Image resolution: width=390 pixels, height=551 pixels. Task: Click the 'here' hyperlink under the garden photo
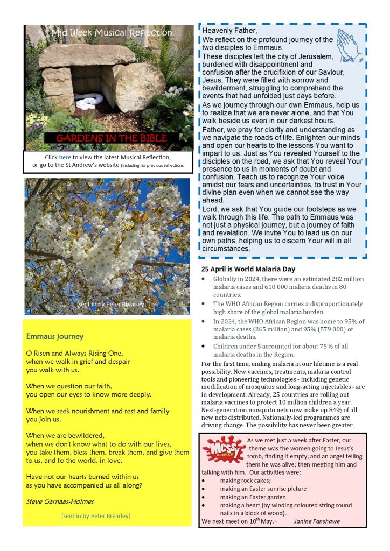pyautogui.click(x=65, y=157)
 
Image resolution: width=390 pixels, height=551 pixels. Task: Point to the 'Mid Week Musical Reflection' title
pyautogui.click(x=112, y=33)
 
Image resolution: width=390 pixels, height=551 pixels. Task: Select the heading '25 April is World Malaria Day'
pyautogui.click(x=248, y=269)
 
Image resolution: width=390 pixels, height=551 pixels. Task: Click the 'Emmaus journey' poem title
pyautogui.click(x=55, y=336)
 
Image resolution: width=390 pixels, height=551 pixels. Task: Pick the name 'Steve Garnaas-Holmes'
pyautogui.click(x=60, y=501)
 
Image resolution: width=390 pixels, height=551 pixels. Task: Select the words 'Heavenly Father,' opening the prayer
pyautogui.click(x=223, y=31)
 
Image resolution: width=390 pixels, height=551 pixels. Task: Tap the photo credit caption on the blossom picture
pyautogui.click(x=111, y=305)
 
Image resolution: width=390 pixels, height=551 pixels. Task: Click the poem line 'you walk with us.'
pyautogui.click(x=53, y=370)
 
